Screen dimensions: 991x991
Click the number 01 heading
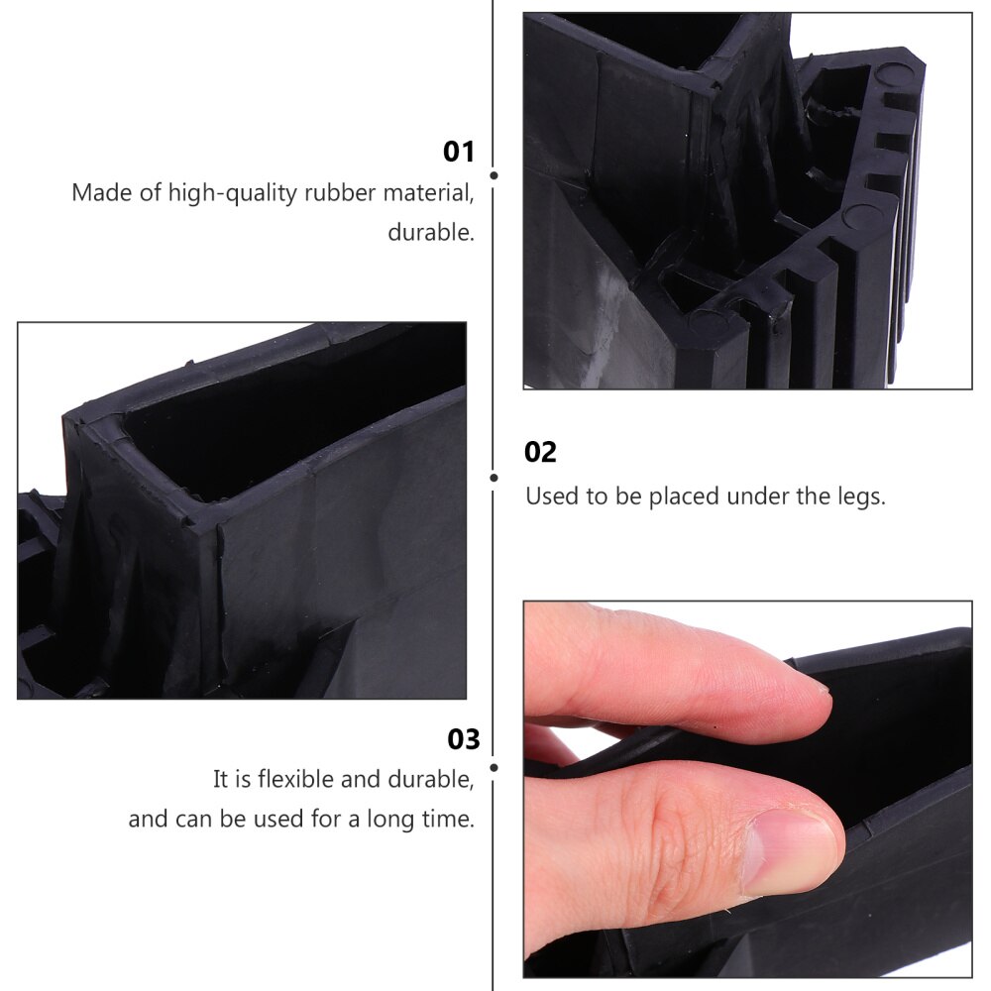point(459,152)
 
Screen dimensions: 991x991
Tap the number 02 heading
point(541,453)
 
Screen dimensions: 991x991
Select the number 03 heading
point(464,740)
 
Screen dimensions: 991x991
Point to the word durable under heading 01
point(430,233)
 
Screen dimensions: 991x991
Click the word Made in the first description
point(100,192)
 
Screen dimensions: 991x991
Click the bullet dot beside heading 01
point(494,174)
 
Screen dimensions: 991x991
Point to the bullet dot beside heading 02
point(494,477)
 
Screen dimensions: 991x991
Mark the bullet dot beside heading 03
point(494,766)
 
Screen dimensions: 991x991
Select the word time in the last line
point(446,820)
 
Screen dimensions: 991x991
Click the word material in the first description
point(432,192)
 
